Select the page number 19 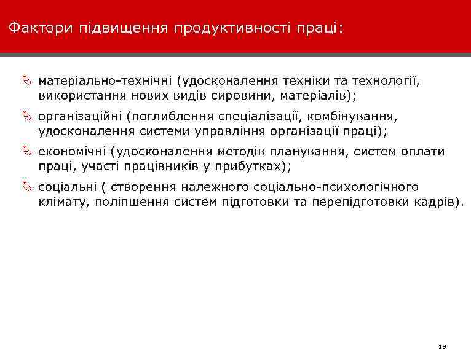click(x=442, y=347)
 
